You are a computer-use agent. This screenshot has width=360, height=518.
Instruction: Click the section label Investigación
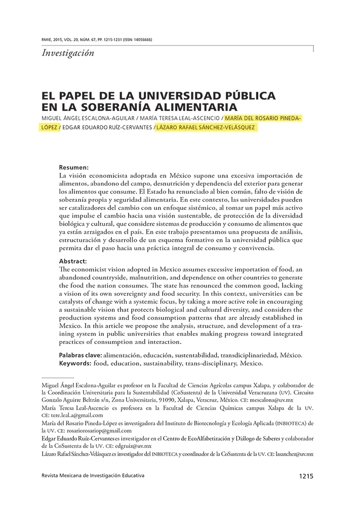68,53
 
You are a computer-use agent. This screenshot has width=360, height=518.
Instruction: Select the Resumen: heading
74,167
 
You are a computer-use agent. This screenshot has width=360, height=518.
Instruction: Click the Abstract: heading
73,261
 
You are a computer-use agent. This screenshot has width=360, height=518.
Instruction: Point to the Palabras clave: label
80,356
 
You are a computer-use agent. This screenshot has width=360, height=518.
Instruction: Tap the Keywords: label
75,364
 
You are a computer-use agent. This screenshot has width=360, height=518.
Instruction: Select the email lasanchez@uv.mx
295,454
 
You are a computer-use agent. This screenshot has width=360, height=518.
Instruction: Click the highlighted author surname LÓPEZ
49,127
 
